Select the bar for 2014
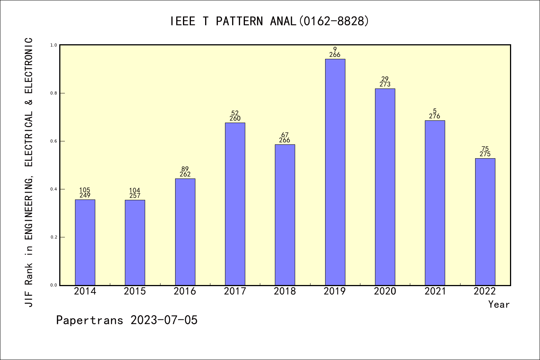coord(85,242)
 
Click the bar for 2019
coord(335,172)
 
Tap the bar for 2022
coord(485,222)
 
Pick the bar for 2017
coord(235,204)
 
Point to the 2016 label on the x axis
coord(185,291)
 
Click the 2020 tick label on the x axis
coord(385,291)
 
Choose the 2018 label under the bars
coord(285,291)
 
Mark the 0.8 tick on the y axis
coord(54,93)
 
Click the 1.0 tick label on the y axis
coord(54,45)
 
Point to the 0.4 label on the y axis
coord(54,189)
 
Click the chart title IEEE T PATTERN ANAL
coord(270,21)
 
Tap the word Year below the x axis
coord(499,304)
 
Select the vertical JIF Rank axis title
coord(29,172)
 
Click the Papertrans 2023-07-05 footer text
coord(127,320)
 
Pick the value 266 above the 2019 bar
coord(335,55)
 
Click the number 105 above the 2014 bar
coord(85,190)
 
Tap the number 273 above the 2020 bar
coord(385,84)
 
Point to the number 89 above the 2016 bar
coord(185,169)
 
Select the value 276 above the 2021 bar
coord(435,116)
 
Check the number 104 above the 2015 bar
coord(135,190)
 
